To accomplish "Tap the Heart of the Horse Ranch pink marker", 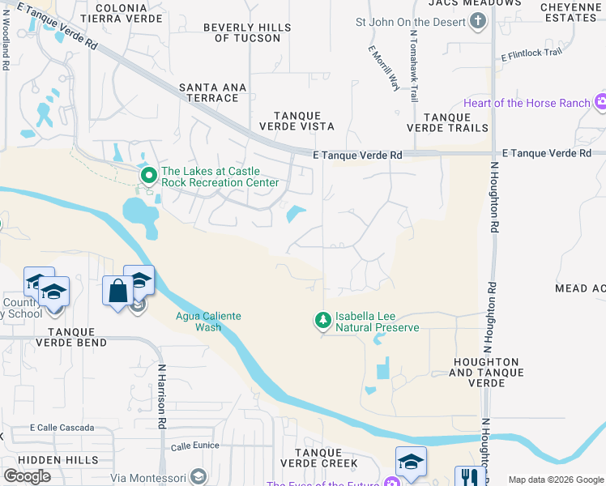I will coord(600,102).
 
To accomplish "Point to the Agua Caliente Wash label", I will coord(208,322).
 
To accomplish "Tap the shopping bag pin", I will coord(117,290).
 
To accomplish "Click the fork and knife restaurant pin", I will coord(469,477).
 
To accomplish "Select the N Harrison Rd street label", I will coord(162,395).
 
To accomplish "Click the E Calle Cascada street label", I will coord(62,428).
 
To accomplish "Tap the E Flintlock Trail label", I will coord(531,55).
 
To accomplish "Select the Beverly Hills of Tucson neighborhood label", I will coord(246,32).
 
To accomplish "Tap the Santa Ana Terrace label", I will coord(209,92).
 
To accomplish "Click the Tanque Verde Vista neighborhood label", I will coord(296,121).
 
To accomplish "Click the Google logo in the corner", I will coord(27,475).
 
